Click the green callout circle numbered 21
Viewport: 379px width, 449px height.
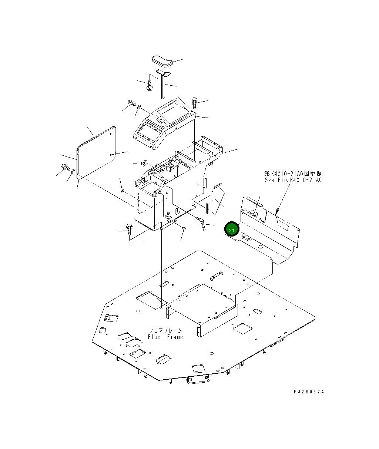coord(232,229)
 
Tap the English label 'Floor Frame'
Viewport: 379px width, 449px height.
coord(165,337)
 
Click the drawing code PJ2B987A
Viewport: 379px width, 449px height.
coord(309,392)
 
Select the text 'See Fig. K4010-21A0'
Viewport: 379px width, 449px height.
coord(293,180)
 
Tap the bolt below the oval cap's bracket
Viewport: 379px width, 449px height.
coord(150,85)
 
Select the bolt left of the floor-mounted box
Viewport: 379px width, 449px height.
coord(130,229)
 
